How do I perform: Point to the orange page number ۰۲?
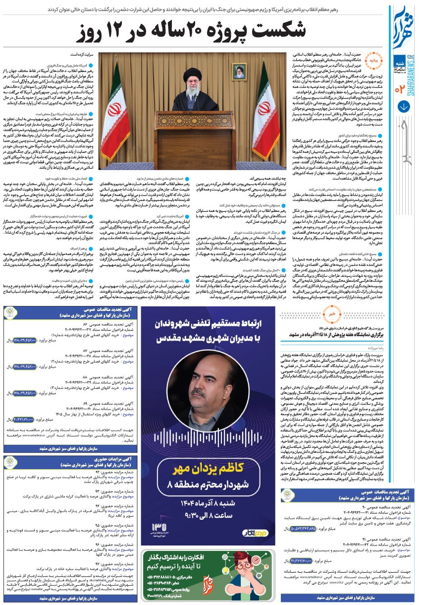click(x=400, y=89)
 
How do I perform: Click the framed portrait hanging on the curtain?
click(x=240, y=73)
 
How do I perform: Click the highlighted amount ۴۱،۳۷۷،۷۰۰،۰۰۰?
click(x=297, y=560)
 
